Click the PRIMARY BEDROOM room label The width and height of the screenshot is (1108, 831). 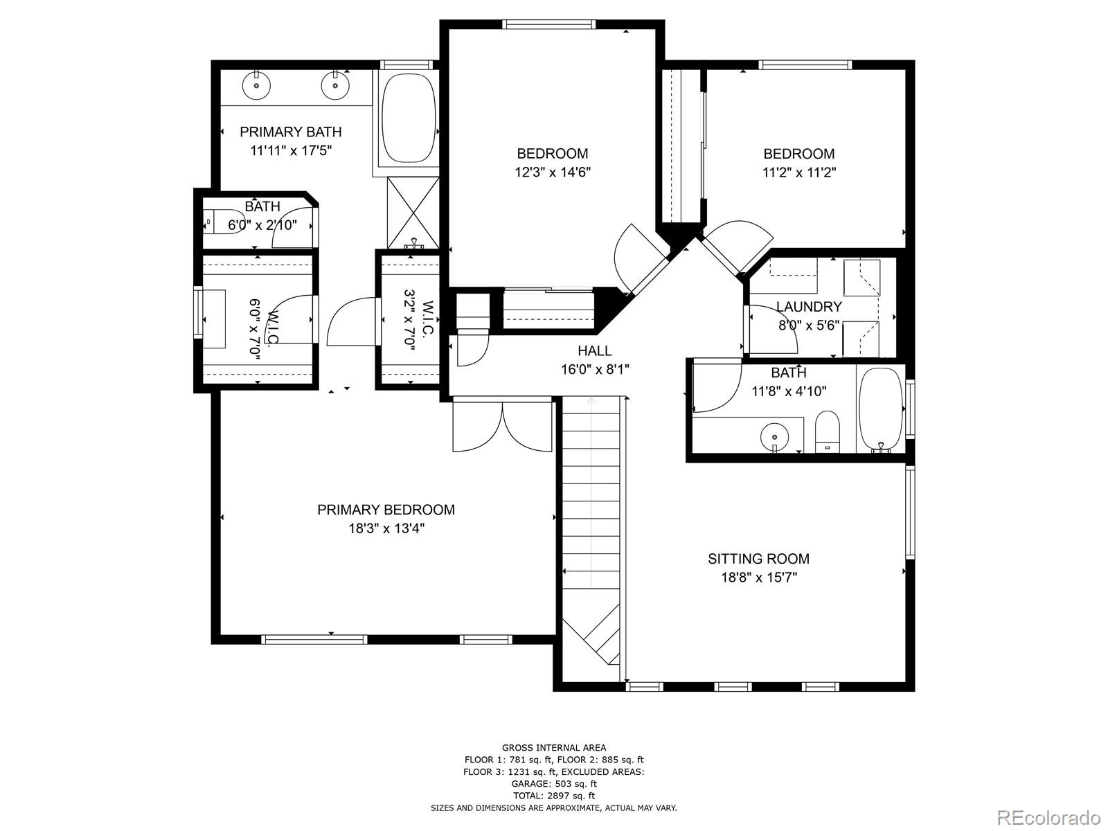coord(386,510)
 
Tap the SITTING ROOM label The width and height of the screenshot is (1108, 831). coord(758,559)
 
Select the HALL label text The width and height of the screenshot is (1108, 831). coord(595,350)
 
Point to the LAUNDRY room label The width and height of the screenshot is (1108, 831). coord(809,307)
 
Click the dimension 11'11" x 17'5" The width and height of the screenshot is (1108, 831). coord(291,150)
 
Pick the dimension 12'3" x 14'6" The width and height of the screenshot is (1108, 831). coord(552,172)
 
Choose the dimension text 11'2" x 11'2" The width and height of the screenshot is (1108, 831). coord(799,172)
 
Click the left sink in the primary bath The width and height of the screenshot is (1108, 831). coord(257,86)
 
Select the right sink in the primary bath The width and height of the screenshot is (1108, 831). coord(335,86)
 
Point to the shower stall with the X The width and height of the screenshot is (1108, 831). coord(413,213)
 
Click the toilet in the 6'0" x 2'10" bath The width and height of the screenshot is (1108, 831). coord(224,222)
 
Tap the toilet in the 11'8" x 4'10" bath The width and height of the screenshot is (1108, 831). coord(827,431)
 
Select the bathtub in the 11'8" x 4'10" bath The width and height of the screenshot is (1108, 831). coord(880,408)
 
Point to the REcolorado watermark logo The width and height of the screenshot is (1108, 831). coord(1049,817)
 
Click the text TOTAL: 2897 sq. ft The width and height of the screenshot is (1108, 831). coord(554,796)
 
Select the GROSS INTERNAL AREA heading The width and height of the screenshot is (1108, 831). coord(554,748)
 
